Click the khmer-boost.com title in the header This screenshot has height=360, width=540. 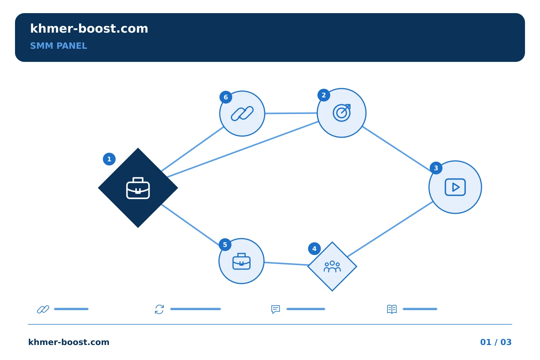tap(89, 28)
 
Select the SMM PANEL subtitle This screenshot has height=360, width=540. tap(58, 46)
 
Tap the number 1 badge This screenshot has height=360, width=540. tap(109, 159)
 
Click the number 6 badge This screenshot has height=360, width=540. tap(226, 97)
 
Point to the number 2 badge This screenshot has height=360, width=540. tap(324, 95)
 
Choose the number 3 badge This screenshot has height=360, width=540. tap(436, 168)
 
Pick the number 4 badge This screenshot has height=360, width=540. tap(314, 249)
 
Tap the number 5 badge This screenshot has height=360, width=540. tap(225, 245)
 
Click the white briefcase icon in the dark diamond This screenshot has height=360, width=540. tap(138, 188)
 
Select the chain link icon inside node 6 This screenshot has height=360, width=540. tap(242, 113)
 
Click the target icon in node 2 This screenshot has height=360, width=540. tap(342, 113)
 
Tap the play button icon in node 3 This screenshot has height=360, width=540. tap(455, 187)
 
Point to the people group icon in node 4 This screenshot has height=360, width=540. tap(332, 267)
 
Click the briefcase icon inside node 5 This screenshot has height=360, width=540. tap(241, 261)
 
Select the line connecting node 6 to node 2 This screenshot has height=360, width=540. tap(291, 113)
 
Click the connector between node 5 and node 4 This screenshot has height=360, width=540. tap(286, 264)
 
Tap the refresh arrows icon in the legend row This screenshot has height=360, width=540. tap(159, 309)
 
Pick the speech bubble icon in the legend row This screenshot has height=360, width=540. tap(276, 309)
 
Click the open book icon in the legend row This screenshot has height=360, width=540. tap(392, 309)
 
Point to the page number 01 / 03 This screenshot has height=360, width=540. tap(496, 342)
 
